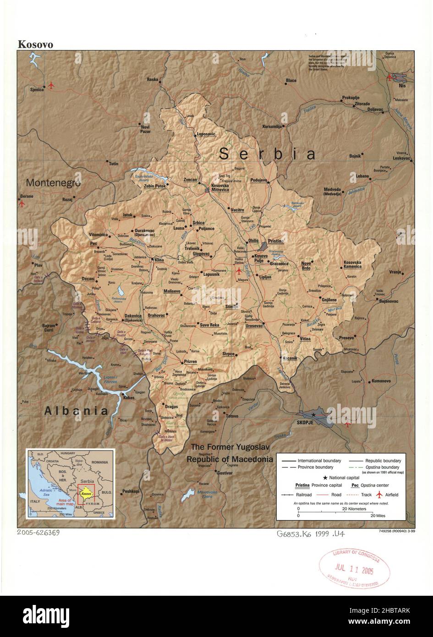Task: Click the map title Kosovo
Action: (35, 44)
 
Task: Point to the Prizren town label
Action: (190, 362)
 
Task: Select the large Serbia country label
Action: (267, 154)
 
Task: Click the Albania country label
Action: (76, 411)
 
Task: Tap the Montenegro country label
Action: (53, 182)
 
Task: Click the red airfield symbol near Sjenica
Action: (51, 85)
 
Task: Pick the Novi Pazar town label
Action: (145, 129)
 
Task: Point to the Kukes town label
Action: (129, 398)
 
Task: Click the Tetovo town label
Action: (232, 416)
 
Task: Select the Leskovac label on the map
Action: (402, 158)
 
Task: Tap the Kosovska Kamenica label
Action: (352, 264)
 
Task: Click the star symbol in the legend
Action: (325, 478)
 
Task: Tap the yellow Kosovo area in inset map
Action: (85, 494)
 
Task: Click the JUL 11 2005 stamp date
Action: (354, 571)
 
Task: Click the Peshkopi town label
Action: (131, 491)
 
